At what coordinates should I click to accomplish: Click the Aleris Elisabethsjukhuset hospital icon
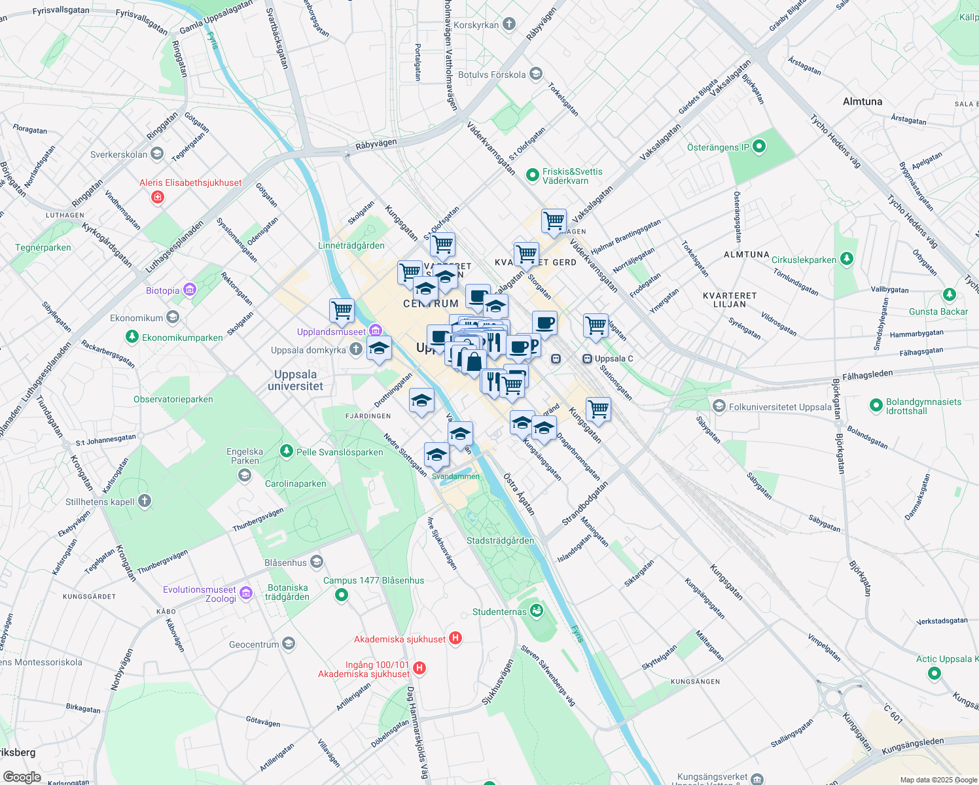157,197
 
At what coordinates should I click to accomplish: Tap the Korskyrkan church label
476,25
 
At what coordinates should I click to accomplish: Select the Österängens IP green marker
759,147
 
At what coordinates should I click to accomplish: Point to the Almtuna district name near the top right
863,101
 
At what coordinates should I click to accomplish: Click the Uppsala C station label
614,358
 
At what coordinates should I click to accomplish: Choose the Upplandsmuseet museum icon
375,331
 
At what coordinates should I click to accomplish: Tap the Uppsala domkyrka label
308,350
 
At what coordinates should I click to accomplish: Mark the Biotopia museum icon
189,290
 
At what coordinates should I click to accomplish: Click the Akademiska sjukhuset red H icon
455,638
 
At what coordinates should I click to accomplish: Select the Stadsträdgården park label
500,540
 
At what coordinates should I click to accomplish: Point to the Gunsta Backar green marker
950,295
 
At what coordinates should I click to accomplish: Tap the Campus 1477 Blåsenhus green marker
341,595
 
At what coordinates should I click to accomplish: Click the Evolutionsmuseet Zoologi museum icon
246,593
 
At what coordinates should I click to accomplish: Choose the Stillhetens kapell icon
145,501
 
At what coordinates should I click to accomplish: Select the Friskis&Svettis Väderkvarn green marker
533,175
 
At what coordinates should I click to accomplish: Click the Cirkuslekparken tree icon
847,259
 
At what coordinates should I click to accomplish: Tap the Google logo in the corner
22,777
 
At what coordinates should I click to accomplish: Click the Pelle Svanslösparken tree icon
286,451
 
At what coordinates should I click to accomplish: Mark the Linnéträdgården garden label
351,245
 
